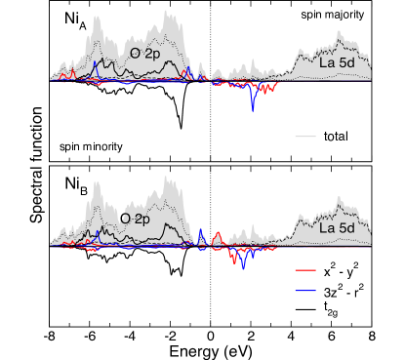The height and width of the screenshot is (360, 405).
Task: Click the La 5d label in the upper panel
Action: [339, 62]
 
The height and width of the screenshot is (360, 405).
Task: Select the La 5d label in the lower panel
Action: [339, 227]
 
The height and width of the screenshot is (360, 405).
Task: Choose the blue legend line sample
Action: [305, 291]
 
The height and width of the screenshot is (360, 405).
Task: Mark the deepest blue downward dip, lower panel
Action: [243, 266]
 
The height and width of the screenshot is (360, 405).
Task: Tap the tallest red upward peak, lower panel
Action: [217, 233]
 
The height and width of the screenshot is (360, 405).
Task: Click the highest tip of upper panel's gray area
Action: [171, 13]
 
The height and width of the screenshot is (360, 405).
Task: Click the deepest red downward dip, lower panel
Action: [234, 263]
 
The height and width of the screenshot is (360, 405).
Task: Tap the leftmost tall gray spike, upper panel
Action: [97, 18]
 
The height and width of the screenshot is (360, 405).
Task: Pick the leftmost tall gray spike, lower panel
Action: [97, 183]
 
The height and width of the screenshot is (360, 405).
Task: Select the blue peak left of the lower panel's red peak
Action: [201, 230]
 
